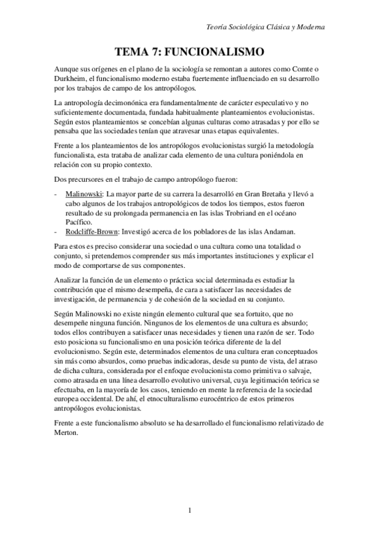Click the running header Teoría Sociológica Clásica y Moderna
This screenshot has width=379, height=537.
(x=266, y=27)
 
